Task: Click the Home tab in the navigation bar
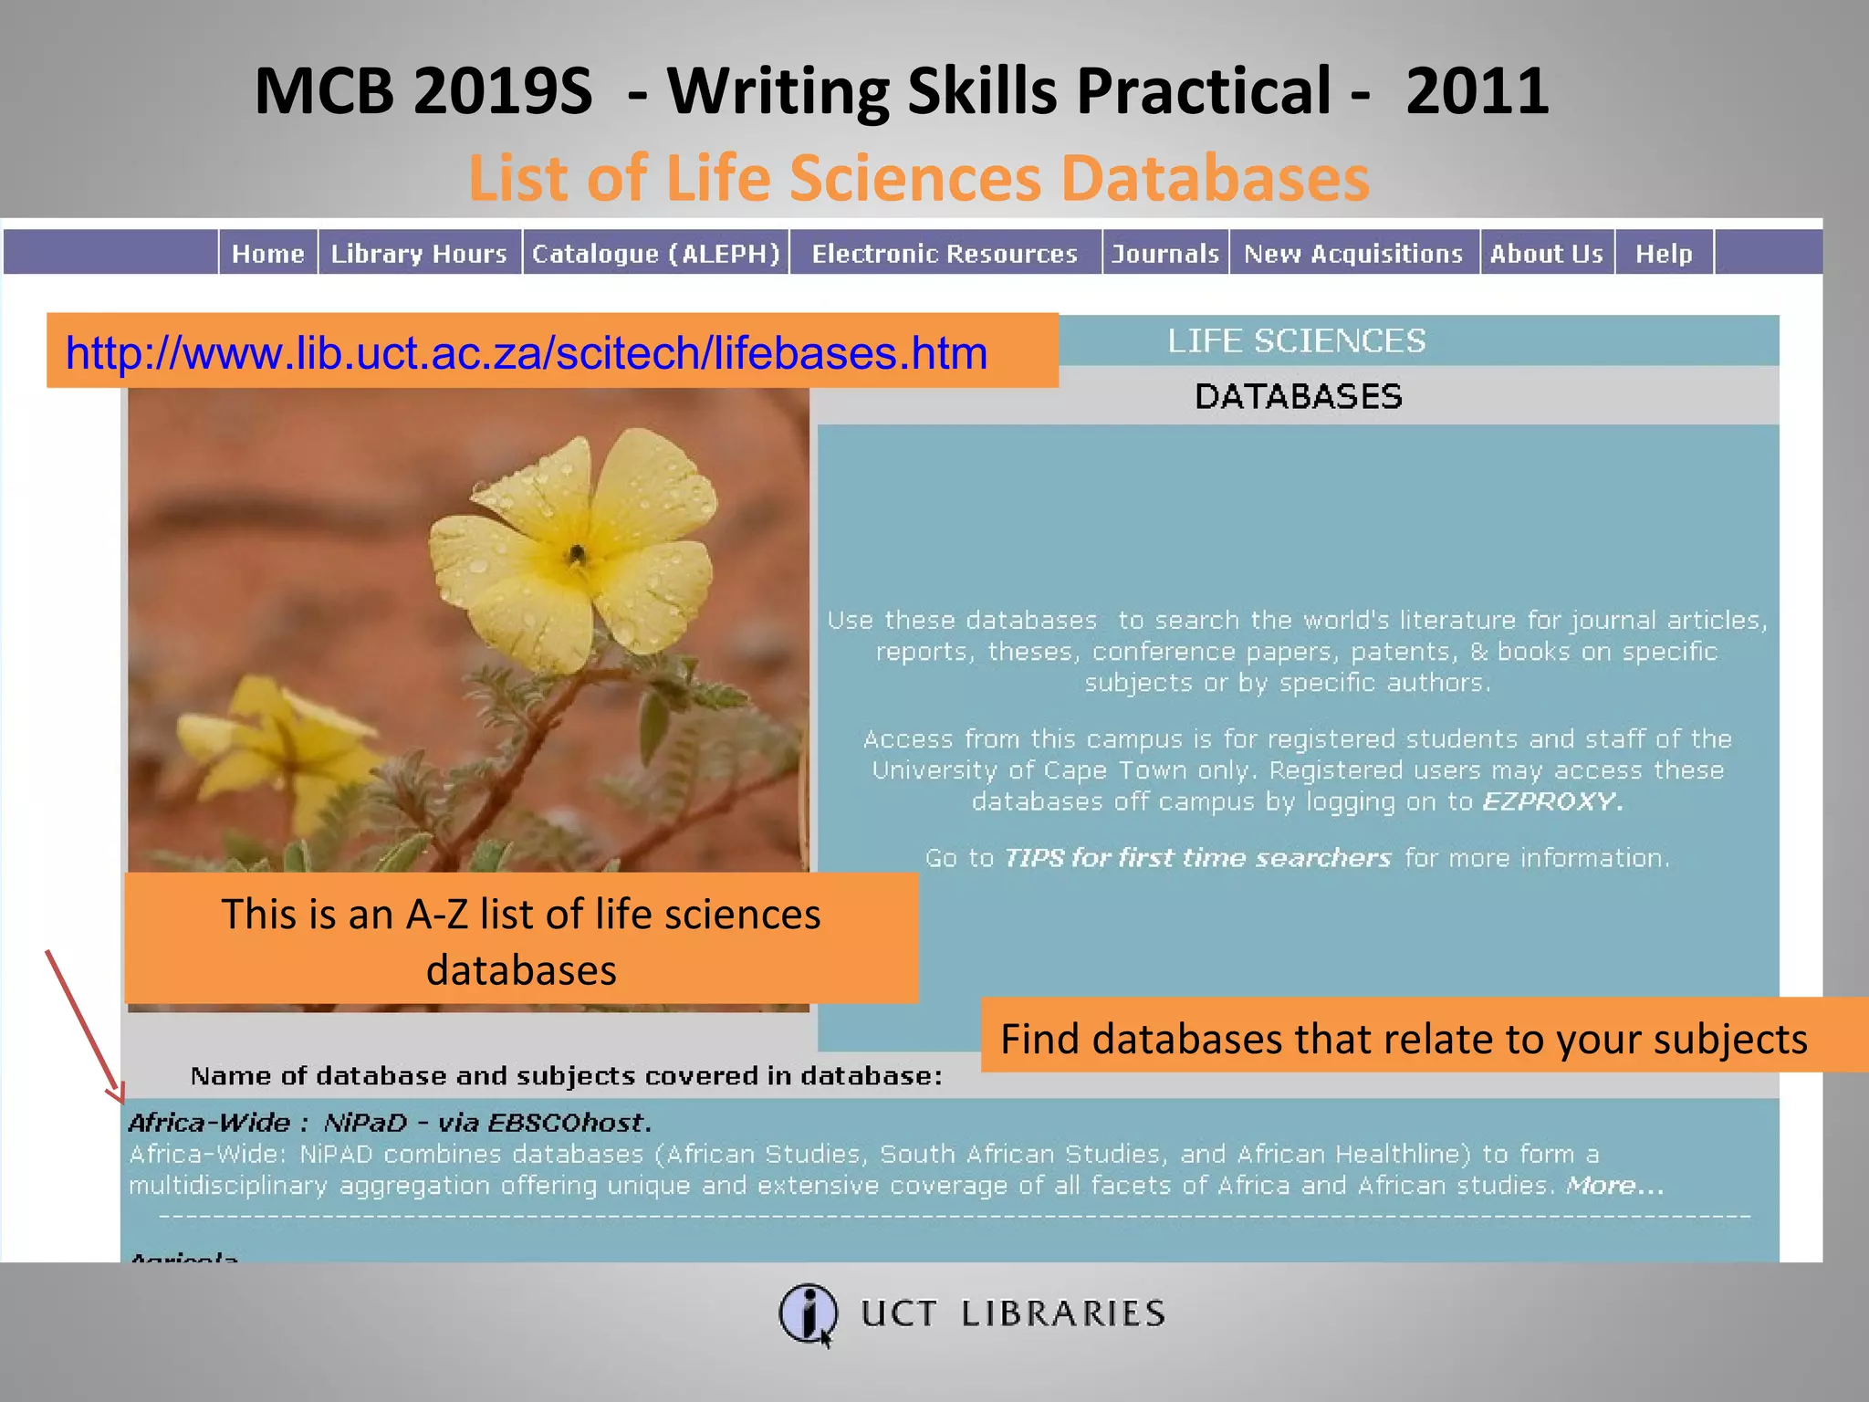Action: click(267, 253)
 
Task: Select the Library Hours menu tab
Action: click(419, 253)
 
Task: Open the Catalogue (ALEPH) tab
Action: click(656, 253)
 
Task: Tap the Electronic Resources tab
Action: click(945, 253)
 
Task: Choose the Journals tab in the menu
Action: click(1165, 253)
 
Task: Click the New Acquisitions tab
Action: click(1353, 253)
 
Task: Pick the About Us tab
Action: click(1546, 253)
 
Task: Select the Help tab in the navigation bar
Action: click(1664, 253)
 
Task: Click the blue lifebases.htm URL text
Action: click(527, 353)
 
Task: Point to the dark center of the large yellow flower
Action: click(577, 553)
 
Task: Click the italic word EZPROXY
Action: click(1551, 801)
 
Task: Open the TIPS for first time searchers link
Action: click(1197, 858)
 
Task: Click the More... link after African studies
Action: click(1614, 1186)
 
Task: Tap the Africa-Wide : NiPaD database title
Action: click(390, 1122)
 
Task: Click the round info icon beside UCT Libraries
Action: click(807, 1313)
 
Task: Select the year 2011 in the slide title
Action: click(1477, 91)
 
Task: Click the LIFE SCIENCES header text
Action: click(1296, 340)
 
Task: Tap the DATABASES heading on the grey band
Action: click(1298, 396)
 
